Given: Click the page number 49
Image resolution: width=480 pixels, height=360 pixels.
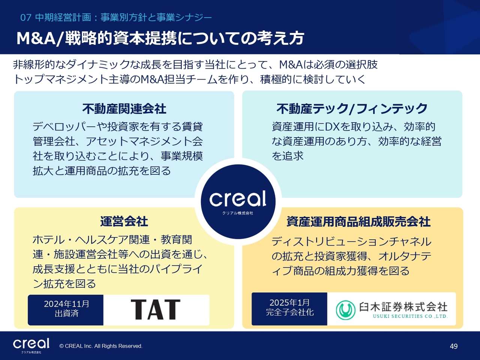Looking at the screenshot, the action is [x=454, y=346].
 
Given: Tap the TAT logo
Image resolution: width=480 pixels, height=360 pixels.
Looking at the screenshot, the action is [x=156, y=309].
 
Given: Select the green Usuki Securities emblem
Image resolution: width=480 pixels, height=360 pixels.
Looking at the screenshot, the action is [x=345, y=310].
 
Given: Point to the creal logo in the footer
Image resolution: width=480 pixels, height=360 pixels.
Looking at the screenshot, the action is [x=31, y=343].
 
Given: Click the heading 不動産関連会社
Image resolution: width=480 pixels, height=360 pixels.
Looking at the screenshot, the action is [x=124, y=109].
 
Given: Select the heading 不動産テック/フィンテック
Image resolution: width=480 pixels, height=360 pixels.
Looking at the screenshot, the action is [x=352, y=109].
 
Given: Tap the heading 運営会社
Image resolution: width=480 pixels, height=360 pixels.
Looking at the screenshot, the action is [x=124, y=221].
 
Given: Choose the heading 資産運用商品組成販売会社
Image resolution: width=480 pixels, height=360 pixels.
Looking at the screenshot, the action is [x=358, y=222].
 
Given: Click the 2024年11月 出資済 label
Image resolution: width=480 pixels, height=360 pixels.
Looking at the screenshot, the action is [x=66, y=309].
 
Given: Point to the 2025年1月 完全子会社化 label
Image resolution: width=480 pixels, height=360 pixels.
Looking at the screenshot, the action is [x=290, y=307].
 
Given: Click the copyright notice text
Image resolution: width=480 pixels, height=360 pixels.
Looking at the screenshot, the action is [x=101, y=346].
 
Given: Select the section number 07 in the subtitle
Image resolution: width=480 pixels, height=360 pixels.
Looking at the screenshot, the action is [x=25, y=18].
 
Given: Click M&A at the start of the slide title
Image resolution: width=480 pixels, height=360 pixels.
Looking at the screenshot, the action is [x=36, y=39].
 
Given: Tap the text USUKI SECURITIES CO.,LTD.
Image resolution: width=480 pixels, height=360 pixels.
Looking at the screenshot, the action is [x=410, y=316].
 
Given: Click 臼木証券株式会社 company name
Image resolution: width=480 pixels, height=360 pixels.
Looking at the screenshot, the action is [x=403, y=307].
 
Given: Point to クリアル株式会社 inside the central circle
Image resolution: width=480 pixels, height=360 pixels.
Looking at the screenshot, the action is [x=238, y=213].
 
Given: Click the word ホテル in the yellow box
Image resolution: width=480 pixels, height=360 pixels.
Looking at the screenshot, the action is [x=48, y=240].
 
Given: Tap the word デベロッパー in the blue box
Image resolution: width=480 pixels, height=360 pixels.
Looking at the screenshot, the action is [x=64, y=127].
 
